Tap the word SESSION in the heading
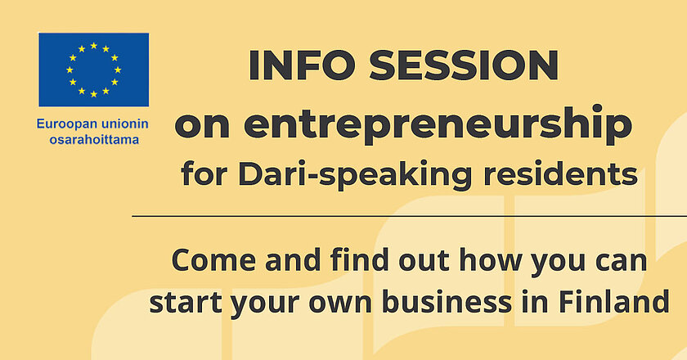point(464,65)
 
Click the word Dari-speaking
point(354,174)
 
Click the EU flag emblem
point(94,70)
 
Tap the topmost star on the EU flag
point(94,45)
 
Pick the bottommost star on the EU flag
point(94,94)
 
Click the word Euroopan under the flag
point(62,125)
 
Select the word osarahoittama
point(94,140)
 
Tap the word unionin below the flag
point(119,124)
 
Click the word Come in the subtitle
point(213,260)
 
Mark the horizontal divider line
point(409,216)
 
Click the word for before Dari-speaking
point(204,174)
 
